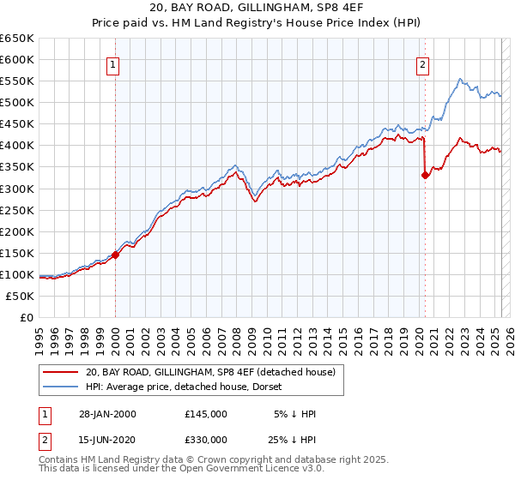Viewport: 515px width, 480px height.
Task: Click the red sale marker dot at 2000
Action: tap(115, 255)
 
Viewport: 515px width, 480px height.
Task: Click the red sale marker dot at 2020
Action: tap(425, 175)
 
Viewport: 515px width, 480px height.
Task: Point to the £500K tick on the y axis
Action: tap(17, 102)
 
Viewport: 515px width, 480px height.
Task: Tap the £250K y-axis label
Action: tap(17, 210)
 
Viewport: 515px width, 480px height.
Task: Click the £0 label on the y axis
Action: tap(26, 317)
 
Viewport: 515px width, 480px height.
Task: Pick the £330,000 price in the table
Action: tap(206, 440)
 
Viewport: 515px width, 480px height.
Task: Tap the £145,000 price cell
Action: tap(206, 414)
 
